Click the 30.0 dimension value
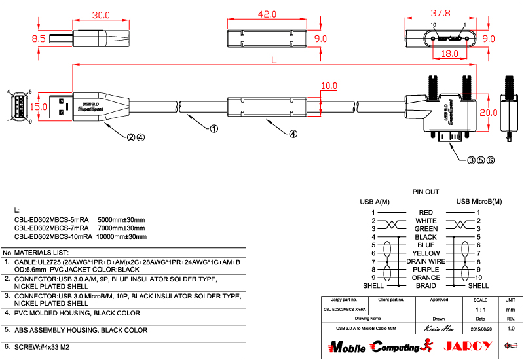pyautogui.click(x=100, y=15)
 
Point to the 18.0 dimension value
pyautogui.click(x=449, y=55)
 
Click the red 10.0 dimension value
pyautogui.click(x=329, y=86)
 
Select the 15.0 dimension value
pyautogui.click(x=39, y=107)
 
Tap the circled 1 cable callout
pyautogui.click(x=214, y=129)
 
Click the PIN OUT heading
pyautogui.click(x=425, y=192)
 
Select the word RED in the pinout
pyautogui.click(x=426, y=212)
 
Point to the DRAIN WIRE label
pyautogui.click(x=426, y=261)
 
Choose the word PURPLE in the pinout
pyautogui.click(x=426, y=269)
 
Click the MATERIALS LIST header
pyautogui.click(x=41, y=252)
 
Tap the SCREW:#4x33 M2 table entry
pyautogui.click(x=41, y=346)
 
